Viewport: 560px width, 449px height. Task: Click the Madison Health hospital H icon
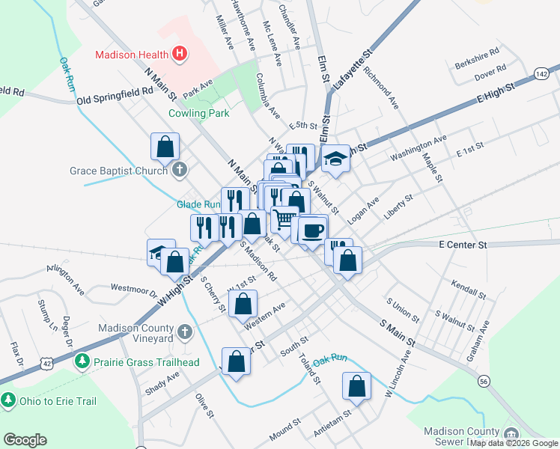(x=179, y=54)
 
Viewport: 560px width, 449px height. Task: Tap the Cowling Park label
(x=198, y=114)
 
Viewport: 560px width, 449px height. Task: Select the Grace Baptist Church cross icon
(x=179, y=171)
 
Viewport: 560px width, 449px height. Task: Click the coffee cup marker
(x=313, y=230)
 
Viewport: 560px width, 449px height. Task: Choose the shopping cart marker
(x=284, y=220)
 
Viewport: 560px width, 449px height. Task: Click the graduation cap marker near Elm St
(x=336, y=158)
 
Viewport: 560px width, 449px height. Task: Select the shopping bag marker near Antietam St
(x=357, y=386)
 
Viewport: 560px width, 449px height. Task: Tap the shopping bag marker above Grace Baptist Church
(x=165, y=146)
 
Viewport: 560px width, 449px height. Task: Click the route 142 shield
(x=543, y=72)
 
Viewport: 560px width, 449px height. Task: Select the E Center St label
(x=463, y=245)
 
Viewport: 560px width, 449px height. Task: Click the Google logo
(x=25, y=440)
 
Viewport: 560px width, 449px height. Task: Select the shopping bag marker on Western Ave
(x=243, y=304)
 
